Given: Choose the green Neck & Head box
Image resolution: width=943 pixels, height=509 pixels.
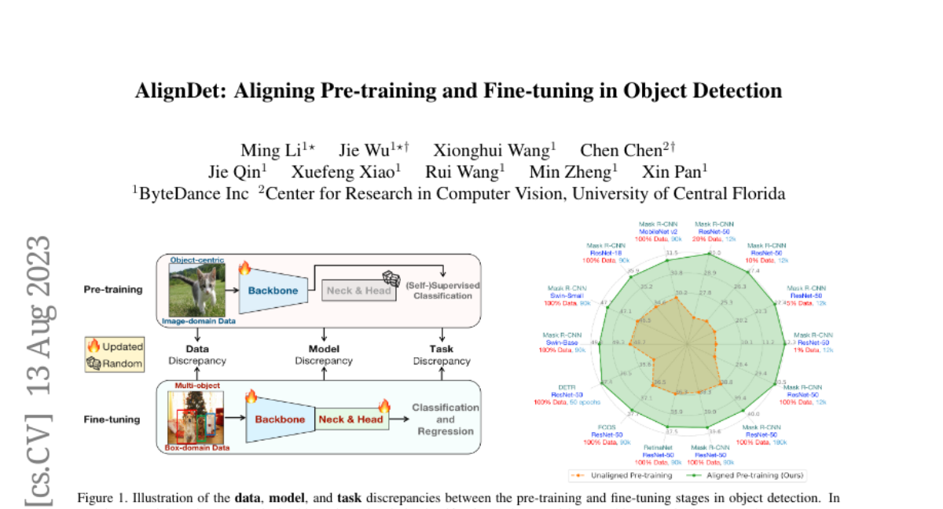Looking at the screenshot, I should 350,419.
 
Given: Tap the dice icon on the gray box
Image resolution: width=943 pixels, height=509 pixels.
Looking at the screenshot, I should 391,279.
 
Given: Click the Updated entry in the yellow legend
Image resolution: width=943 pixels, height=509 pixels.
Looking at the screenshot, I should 116,346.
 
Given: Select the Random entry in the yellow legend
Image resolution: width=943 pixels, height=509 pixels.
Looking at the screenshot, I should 116,363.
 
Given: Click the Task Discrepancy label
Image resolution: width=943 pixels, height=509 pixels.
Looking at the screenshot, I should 442,354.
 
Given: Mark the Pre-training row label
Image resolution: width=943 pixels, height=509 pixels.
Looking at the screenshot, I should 113,289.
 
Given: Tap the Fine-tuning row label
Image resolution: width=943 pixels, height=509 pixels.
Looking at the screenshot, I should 112,419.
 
